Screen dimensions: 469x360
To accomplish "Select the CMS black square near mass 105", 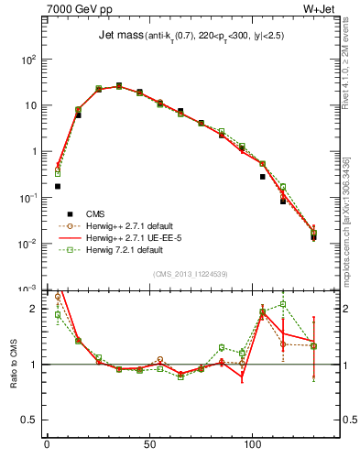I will pos(263,177).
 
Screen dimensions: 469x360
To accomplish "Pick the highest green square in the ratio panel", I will pos(283,304).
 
